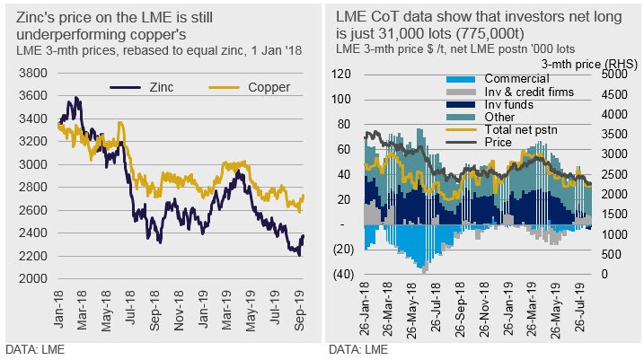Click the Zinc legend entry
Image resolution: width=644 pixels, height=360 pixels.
coord(156,88)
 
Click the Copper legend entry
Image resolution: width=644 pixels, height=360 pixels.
coord(243,88)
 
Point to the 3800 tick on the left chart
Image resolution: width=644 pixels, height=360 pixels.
coord(34,73)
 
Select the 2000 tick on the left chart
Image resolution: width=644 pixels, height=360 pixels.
coord(34,278)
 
